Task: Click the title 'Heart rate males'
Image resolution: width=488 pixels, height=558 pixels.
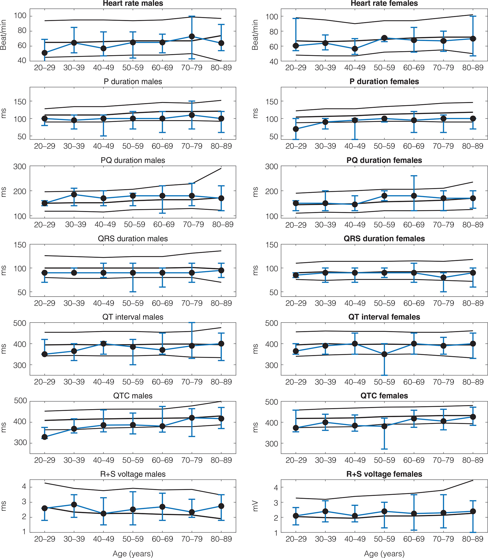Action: point(133,3)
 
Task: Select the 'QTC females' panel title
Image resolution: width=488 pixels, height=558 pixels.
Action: point(384,396)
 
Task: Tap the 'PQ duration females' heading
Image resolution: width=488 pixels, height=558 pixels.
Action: point(384,160)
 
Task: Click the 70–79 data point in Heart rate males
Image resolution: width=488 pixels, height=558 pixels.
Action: point(192,36)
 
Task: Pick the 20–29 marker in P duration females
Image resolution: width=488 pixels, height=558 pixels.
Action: point(296,129)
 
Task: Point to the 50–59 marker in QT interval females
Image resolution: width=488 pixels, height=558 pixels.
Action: point(384,354)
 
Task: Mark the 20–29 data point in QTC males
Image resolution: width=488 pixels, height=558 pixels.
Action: point(45,437)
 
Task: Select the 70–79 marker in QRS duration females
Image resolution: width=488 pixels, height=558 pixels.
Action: point(443,278)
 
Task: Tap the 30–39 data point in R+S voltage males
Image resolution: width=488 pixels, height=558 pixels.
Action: point(74,505)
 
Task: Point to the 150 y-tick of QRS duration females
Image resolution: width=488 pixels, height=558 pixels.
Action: point(272,245)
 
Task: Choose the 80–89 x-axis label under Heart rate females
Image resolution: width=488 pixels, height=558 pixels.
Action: point(473,68)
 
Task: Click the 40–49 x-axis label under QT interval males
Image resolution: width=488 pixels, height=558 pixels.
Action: point(104,382)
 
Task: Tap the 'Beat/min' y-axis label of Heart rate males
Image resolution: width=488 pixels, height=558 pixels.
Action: point(3,35)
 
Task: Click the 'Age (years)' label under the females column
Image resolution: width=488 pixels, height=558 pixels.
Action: point(384,554)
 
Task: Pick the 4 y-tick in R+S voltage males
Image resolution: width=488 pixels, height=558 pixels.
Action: point(24,487)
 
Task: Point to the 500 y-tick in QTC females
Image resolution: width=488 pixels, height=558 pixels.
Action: point(272,402)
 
